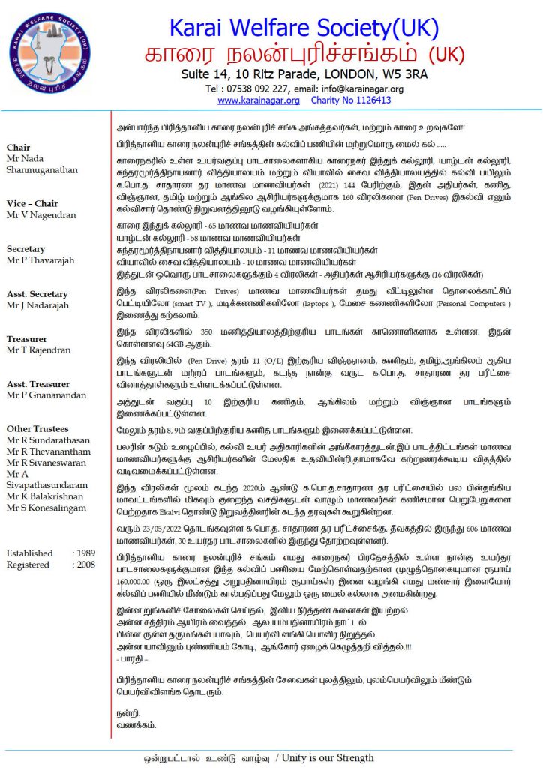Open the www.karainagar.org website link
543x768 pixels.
[259, 100]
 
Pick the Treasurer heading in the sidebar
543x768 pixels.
[26, 339]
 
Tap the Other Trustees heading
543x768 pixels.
[37, 429]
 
